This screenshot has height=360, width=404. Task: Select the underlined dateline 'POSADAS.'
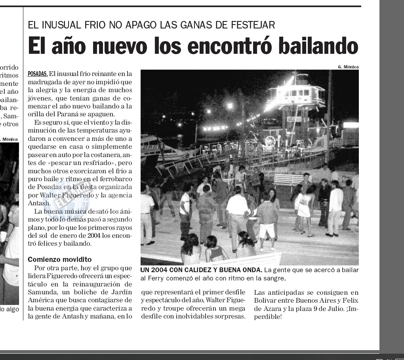[x=38, y=74]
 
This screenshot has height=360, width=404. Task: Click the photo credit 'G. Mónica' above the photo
[x=348, y=67]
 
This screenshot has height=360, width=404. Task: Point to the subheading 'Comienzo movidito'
[x=59, y=260]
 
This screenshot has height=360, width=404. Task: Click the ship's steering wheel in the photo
[x=270, y=141]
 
